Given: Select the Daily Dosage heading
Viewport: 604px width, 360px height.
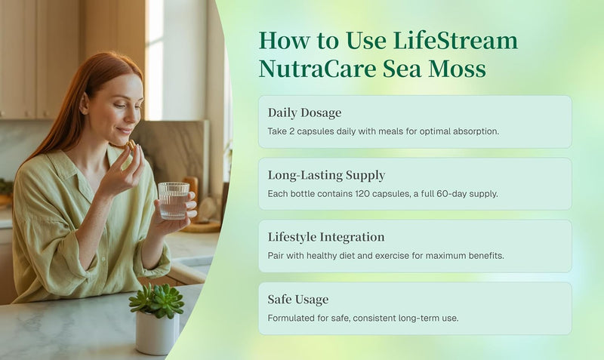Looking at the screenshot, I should [304, 112].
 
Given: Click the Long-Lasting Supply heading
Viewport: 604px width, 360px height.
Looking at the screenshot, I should [326, 175].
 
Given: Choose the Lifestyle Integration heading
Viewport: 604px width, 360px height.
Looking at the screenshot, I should [326, 237].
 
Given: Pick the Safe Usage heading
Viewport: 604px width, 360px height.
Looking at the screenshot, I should [297, 300].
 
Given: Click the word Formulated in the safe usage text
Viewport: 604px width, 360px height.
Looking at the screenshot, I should [291, 318].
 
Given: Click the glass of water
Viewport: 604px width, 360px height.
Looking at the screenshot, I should [173, 200].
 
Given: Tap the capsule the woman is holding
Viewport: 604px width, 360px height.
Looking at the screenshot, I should [132, 143].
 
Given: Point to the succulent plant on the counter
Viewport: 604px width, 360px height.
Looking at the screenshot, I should [157, 299].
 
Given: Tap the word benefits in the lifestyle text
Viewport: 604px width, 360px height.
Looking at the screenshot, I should [482, 256].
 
